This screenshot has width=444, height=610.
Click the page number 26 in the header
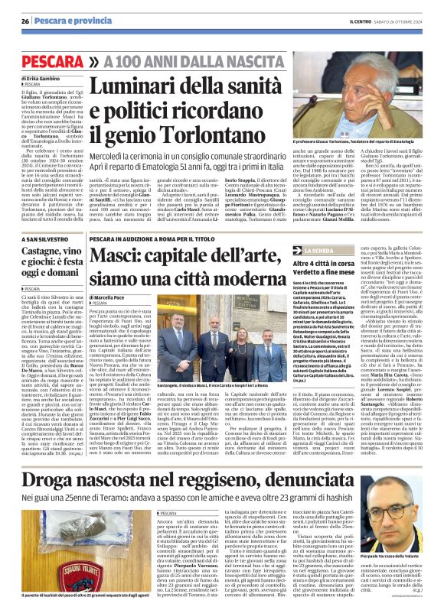click(x=25, y=21)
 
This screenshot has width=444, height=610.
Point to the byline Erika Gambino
click(x=51, y=77)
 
